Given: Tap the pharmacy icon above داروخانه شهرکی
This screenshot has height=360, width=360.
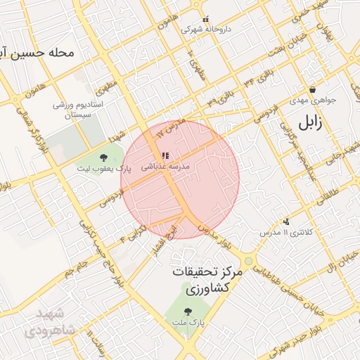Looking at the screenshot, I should (205, 20).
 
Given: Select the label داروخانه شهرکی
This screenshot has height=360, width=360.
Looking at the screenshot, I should (205, 30).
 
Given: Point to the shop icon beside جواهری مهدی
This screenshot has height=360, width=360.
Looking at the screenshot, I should (312, 89).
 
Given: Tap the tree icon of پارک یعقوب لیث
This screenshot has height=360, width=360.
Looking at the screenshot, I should (104, 157).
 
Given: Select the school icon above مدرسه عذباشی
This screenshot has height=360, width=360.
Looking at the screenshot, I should (165, 156).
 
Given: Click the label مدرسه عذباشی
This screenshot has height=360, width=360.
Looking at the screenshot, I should (165, 167).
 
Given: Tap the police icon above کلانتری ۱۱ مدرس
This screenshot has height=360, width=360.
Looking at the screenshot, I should (285, 221).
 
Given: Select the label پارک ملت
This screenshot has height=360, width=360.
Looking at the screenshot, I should (187, 321).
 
